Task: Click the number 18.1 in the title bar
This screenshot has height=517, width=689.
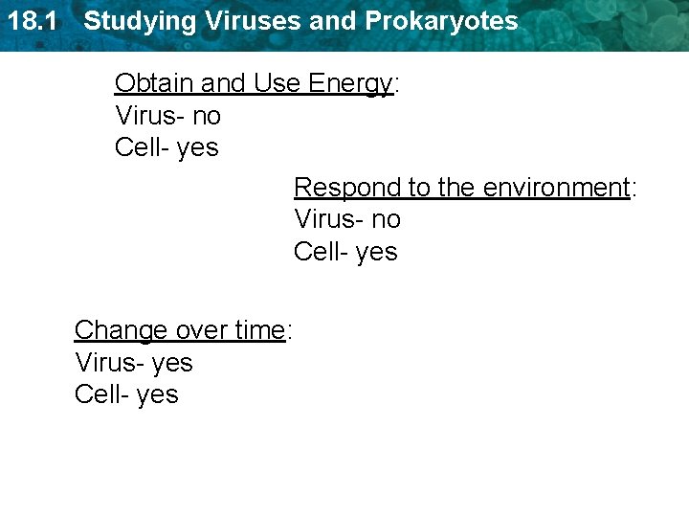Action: point(29,21)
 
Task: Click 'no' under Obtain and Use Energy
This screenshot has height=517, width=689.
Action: point(207,116)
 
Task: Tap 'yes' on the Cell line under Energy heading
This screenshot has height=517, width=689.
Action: point(198,148)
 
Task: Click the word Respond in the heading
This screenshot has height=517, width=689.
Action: point(337,188)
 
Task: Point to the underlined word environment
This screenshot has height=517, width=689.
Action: point(555,188)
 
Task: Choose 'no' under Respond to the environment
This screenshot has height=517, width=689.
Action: point(386,219)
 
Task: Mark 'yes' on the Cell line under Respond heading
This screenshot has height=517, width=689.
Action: point(377,252)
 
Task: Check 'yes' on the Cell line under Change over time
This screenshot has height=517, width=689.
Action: point(158,394)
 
